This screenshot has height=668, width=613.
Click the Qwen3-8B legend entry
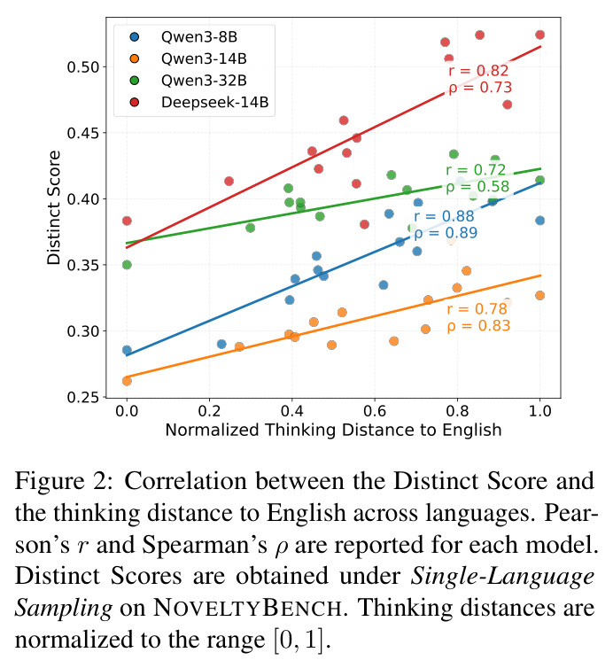[183, 37]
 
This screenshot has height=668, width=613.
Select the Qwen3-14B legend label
[204, 58]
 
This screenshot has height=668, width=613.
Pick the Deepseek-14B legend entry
[199, 102]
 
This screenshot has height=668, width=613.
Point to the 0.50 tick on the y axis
[82, 67]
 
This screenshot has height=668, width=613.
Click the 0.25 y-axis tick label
[82, 397]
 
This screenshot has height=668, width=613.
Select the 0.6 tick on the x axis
[375, 411]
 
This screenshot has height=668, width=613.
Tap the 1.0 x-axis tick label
[539, 411]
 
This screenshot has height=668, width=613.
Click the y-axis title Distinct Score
[54, 208]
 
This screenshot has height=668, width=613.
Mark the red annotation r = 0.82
[478, 71]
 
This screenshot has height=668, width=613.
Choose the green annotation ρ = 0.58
[477, 187]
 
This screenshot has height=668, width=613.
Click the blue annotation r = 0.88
[444, 216]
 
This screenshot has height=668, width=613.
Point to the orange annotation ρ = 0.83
[478, 325]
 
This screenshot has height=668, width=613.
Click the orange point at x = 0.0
[127, 381]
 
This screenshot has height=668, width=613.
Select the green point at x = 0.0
[127, 265]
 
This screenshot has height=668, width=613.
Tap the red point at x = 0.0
[127, 221]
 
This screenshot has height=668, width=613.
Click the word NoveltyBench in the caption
[247, 608]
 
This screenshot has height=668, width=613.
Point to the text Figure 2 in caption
[65, 481]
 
